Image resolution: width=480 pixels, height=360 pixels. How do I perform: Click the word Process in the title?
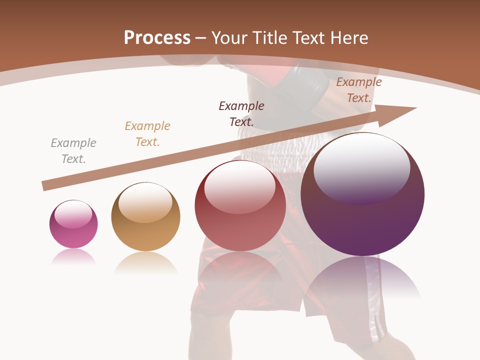(157, 37)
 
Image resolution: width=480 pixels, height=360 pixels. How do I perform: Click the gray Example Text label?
(73, 151)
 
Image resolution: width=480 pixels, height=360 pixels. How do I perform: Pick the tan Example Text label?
(147, 134)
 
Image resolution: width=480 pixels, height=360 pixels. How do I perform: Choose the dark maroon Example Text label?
(241, 113)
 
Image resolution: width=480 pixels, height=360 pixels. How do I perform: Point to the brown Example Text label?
(359, 90)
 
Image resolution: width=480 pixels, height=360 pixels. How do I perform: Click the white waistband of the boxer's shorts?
(280, 145)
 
